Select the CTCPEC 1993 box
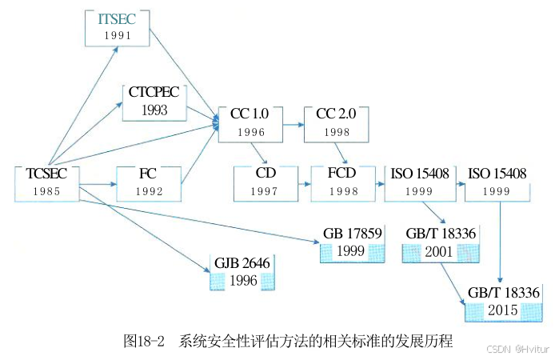(154, 101)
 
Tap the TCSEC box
(47, 182)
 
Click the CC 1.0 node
(250, 122)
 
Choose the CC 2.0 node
(336, 122)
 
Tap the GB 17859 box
(350, 243)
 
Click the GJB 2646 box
(242, 272)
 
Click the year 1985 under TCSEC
(47, 191)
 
